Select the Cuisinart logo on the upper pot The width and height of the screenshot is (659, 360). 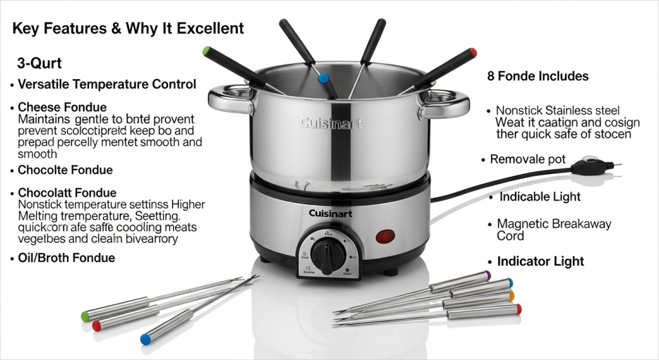(x=331, y=123)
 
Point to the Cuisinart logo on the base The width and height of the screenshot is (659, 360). (x=329, y=213)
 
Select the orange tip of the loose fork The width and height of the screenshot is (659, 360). (x=511, y=296)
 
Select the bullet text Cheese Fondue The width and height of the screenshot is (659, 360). (x=62, y=107)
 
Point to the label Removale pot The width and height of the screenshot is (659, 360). (x=528, y=159)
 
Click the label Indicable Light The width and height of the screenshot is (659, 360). (x=540, y=196)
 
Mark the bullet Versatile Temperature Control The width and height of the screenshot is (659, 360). (x=106, y=84)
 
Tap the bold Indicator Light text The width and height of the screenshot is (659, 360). (x=541, y=261)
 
